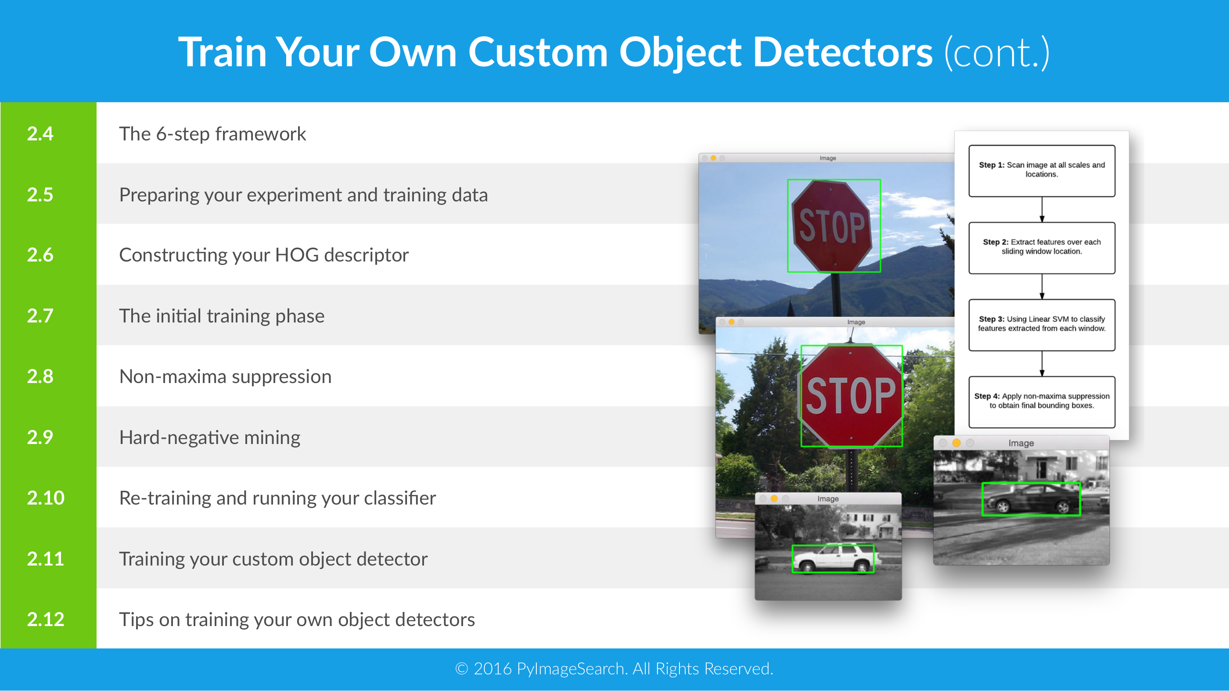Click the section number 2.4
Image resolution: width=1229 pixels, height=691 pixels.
pos(40,133)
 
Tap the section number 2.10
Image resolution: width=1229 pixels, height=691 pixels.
pos(45,498)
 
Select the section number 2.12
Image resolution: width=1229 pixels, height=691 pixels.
pos(45,619)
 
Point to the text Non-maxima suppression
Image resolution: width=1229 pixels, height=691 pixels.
pos(225,377)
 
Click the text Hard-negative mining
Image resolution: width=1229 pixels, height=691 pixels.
pos(210,438)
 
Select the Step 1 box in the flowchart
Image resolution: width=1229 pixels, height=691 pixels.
pos(1042,171)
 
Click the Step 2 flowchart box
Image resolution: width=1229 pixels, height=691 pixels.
pos(1042,248)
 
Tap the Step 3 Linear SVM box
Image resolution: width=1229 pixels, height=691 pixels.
pos(1042,325)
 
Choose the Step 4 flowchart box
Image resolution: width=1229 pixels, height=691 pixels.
pos(1042,402)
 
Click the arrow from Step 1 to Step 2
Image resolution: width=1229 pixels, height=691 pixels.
pos(1042,209)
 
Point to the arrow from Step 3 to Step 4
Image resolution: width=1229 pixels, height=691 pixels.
pos(1042,364)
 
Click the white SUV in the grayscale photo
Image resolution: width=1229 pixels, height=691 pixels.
pos(833,559)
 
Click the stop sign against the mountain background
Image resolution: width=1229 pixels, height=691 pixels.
pos(833,226)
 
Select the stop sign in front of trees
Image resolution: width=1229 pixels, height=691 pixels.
pos(851,395)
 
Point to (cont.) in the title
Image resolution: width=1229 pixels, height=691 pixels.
pos(997,53)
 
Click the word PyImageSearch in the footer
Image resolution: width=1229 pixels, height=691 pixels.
pos(571,669)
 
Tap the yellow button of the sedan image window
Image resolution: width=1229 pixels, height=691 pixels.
pos(956,443)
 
